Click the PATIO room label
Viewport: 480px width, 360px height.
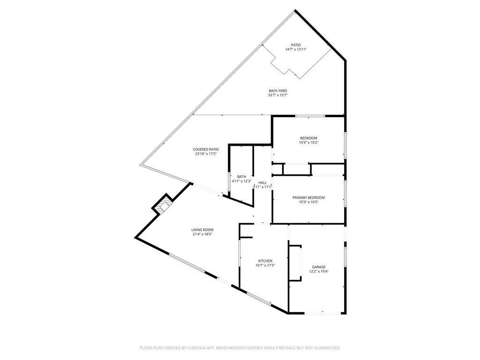pyautogui.click(x=296, y=45)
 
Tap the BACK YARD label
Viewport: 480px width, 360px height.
pyautogui.click(x=277, y=90)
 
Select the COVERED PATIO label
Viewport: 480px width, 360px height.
pyautogui.click(x=206, y=149)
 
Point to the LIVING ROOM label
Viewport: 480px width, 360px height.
pyautogui.click(x=202, y=230)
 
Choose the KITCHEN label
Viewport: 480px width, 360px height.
pyautogui.click(x=265, y=261)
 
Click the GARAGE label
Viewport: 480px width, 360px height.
pyautogui.click(x=319, y=267)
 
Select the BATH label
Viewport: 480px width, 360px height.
pyautogui.click(x=241, y=177)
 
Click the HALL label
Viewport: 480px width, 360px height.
pyautogui.click(x=262, y=182)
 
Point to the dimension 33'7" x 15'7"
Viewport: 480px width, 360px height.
pyautogui.click(x=277, y=95)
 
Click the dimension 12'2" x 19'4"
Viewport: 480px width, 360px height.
pyautogui.click(x=319, y=271)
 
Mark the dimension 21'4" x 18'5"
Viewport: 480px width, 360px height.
pyautogui.click(x=202, y=234)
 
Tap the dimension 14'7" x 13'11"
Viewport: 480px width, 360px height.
pyautogui.click(x=296, y=50)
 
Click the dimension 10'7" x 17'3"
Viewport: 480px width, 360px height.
pyautogui.click(x=265, y=265)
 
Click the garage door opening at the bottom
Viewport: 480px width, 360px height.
pyautogui.click(x=323, y=313)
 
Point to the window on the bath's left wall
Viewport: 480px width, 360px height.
pyautogui.click(x=229, y=182)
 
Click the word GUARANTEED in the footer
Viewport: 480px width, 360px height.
pyautogui.click(x=324, y=348)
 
